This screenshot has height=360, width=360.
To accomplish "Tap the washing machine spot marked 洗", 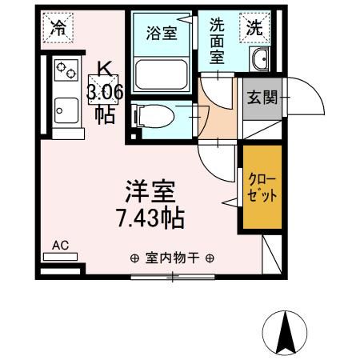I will coord(254,26).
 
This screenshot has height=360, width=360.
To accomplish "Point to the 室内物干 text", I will coord(172,258).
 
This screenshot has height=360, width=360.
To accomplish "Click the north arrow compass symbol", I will coord(284,329).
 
